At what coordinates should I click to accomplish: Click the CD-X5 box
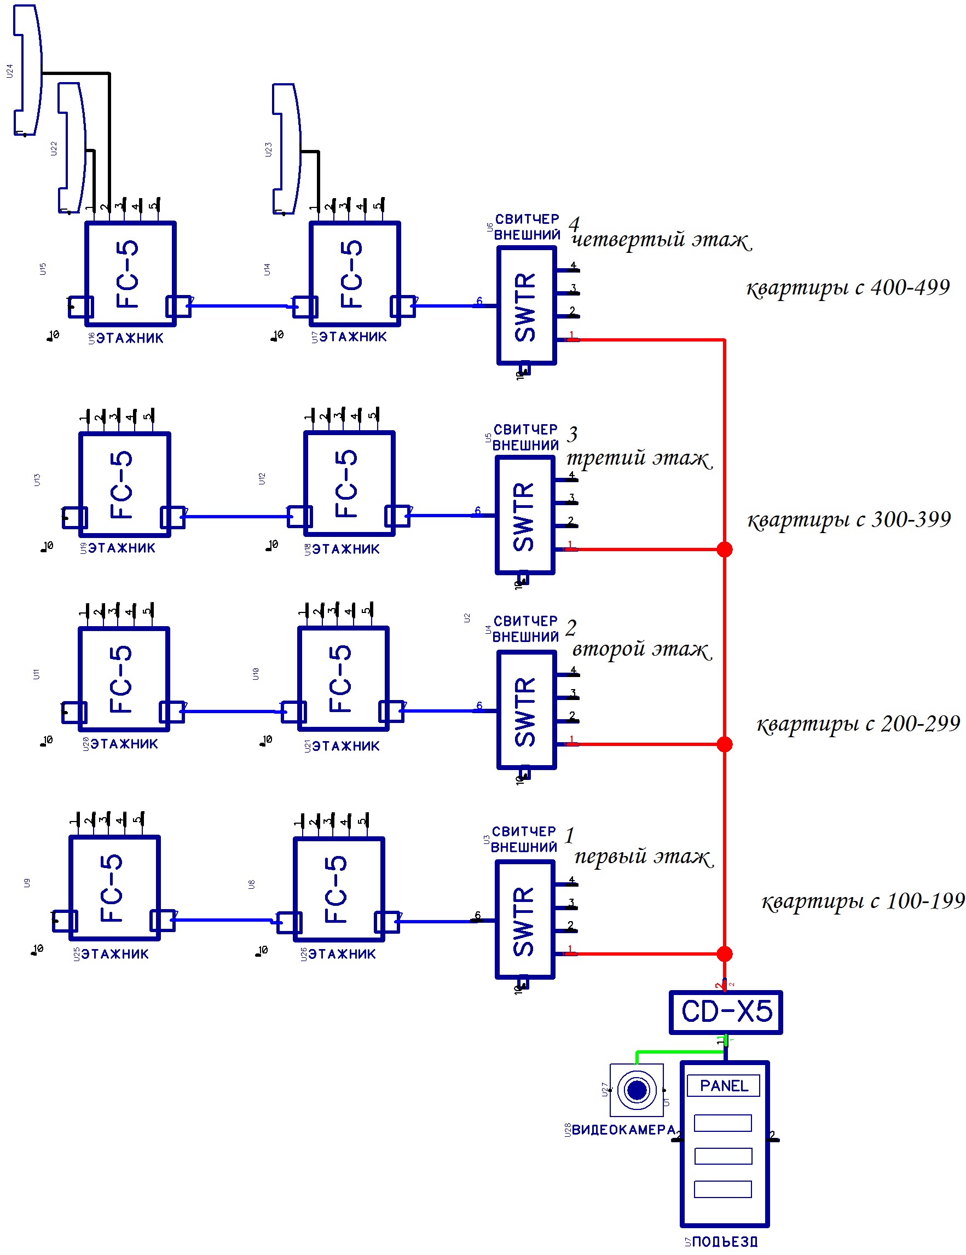click(725, 1012)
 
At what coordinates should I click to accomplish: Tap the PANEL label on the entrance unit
click(723, 1085)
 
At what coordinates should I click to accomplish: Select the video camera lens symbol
click(636, 1090)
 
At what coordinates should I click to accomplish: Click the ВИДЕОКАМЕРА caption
click(623, 1130)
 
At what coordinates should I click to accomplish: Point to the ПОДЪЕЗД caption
click(724, 1242)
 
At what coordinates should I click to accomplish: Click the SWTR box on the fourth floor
click(527, 305)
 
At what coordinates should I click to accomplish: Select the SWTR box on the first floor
click(525, 919)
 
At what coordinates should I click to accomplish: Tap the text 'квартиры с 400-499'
click(848, 287)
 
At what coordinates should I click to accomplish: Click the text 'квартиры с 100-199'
click(863, 901)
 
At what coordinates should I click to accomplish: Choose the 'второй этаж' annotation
click(641, 649)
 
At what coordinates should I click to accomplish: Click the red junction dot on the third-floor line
click(725, 550)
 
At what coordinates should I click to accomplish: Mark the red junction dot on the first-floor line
click(725, 954)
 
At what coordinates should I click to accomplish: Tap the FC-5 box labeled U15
click(130, 274)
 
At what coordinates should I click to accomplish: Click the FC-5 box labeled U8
click(338, 889)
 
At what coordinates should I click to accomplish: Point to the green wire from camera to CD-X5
click(678, 1051)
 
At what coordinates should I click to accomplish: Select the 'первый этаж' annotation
click(643, 856)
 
